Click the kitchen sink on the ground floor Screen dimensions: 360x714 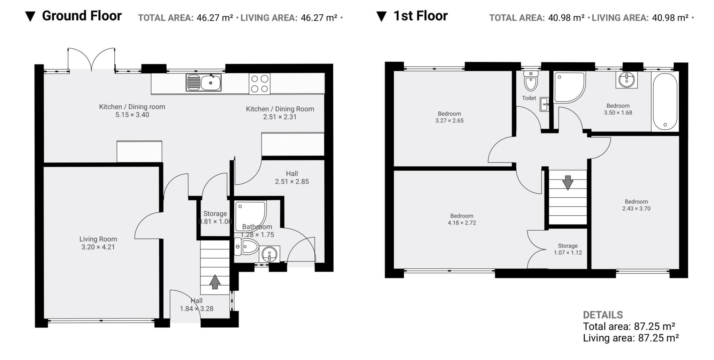[203, 83]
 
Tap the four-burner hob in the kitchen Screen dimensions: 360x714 [259, 84]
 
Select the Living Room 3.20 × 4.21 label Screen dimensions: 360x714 [98, 243]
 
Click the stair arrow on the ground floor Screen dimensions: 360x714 [215, 282]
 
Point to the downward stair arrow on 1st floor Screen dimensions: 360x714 [568, 182]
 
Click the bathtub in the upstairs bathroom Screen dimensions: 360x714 [664, 101]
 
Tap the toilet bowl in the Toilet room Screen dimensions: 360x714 [531, 83]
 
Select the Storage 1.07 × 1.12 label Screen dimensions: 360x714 [568, 249]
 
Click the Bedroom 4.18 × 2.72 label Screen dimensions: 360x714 [462, 219]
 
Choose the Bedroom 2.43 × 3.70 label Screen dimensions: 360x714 [636, 205]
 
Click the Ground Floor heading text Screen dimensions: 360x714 [82, 16]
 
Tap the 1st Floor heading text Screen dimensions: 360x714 [420, 16]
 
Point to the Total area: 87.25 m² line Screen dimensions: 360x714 [629, 327]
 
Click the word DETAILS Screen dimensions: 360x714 [603, 315]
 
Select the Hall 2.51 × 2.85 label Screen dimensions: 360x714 [292, 177]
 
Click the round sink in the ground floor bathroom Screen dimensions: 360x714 [269, 254]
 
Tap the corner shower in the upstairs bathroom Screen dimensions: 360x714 [568, 87]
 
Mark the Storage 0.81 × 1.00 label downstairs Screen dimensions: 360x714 [215, 217]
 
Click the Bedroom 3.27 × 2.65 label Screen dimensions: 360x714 [449, 117]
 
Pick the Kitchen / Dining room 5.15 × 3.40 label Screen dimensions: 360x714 [132, 110]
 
